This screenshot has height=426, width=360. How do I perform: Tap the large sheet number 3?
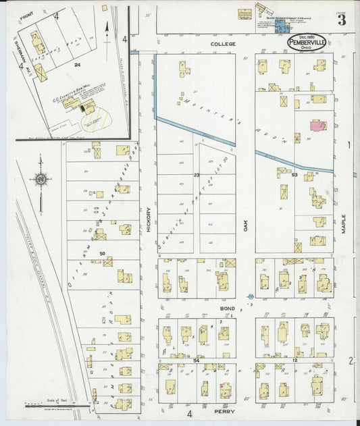(x=342, y=20)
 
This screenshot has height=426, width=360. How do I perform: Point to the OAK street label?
(x=246, y=225)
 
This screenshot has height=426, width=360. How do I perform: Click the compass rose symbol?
(x=41, y=180)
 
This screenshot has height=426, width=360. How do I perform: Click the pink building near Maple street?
(x=316, y=125)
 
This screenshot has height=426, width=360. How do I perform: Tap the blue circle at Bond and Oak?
(x=249, y=296)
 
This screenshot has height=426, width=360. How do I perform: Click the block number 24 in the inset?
(x=78, y=65)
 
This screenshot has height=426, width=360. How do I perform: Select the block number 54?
(x=197, y=361)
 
